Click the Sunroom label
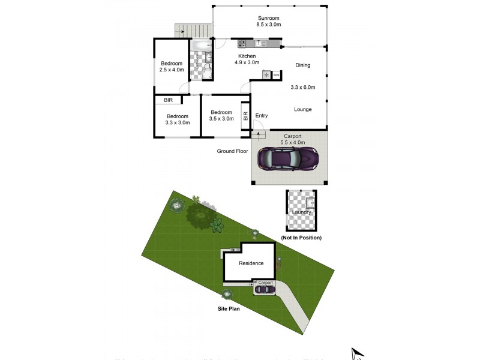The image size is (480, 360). (269, 19)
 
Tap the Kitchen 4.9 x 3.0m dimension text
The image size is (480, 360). (247, 62)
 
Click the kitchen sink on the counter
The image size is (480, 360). (261, 43)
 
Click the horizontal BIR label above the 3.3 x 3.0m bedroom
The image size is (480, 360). (168, 101)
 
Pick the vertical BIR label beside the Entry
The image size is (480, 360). (245, 116)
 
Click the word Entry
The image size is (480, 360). (262, 116)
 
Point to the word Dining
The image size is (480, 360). (303, 65)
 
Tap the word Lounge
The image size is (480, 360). (302, 109)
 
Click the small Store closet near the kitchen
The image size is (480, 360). (277, 75)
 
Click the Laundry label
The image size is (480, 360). (301, 212)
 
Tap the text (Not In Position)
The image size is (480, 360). (301, 238)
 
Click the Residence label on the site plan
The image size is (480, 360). (251, 263)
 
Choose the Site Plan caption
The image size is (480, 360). (230, 309)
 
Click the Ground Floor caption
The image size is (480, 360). (233, 151)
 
